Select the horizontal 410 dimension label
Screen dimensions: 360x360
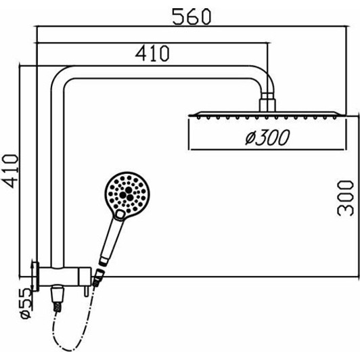(152, 52)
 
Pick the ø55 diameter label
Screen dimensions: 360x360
(23, 302)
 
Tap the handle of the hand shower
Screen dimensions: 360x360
(108, 237)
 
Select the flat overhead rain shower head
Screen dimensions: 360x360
(265, 114)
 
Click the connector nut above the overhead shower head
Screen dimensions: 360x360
(267, 102)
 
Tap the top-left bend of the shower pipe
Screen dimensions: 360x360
(60, 78)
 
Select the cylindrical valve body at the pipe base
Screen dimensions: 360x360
(64, 277)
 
